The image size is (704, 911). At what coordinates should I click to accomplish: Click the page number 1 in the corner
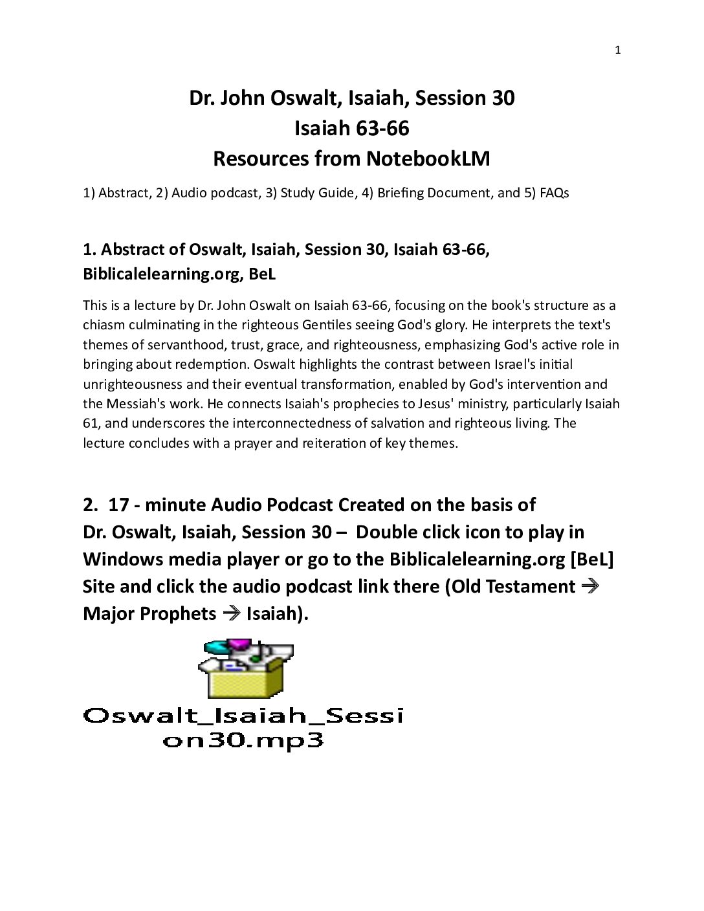[617, 50]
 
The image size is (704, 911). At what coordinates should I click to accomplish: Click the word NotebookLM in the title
[428, 159]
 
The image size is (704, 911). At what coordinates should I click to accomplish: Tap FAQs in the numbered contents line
[554, 193]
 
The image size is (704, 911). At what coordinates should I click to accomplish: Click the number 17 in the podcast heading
[118, 505]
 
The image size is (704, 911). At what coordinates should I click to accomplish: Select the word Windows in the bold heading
[123, 559]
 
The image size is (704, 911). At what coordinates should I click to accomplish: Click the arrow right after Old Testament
[590, 586]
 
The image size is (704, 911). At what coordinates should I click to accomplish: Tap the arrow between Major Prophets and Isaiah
[231, 613]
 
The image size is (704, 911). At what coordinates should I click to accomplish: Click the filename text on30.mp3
[243, 740]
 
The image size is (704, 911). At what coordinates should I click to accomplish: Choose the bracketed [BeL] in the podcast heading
[591, 559]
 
